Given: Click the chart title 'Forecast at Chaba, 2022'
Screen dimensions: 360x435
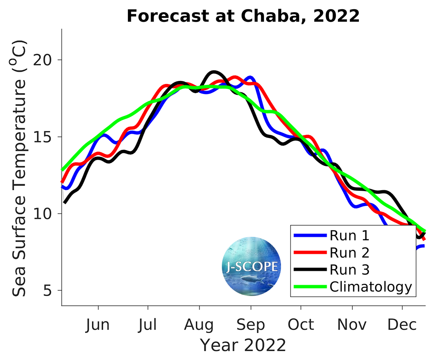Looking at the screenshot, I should [243, 16].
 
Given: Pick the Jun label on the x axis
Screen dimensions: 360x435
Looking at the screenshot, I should [98, 325].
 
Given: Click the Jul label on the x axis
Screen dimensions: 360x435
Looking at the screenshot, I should [148, 325].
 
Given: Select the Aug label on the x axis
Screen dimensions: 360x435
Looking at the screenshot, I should [199, 325].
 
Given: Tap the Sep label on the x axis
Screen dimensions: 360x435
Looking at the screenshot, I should [251, 325].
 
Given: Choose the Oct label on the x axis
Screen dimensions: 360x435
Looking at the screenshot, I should [301, 325].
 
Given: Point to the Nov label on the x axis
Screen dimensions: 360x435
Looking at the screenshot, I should [352, 325].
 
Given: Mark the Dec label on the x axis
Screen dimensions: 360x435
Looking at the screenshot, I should [402, 325].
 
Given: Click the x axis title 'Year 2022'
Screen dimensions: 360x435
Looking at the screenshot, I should [243, 345].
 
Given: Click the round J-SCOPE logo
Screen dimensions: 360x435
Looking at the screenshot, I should [251, 266].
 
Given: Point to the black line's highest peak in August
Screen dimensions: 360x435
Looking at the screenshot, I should [214, 72].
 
